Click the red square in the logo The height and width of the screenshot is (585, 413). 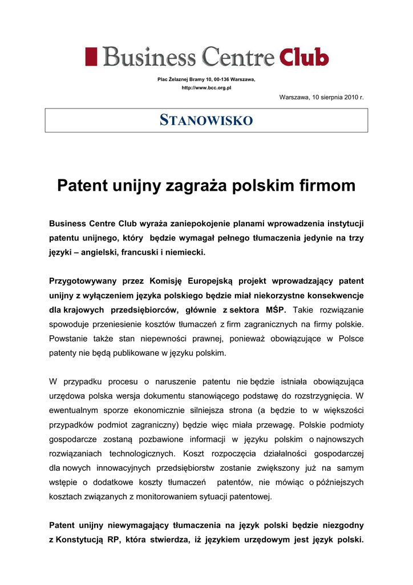(x=91, y=57)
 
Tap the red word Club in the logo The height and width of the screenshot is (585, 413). (x=305, y=58)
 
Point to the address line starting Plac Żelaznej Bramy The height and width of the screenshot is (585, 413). (x=206, y=79)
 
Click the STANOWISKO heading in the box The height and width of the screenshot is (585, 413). (x=206, y=121)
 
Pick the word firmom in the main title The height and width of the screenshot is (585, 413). (x=327, y=185)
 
